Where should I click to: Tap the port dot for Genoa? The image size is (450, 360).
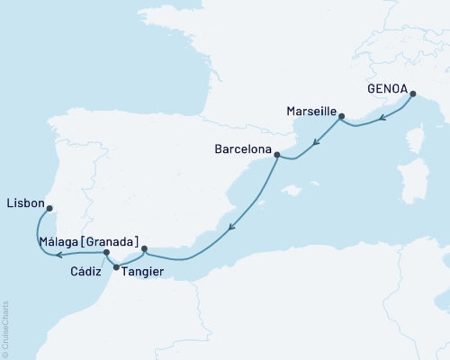point(413,94)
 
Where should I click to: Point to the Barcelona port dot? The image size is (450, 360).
point(277,156)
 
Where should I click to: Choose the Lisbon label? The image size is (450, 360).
point(24,203)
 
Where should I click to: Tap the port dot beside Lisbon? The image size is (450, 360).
point(50,208)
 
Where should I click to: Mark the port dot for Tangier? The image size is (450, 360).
point(117,266)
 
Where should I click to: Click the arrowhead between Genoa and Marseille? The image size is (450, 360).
point(382,117)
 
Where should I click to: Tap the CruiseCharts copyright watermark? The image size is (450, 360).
point(5,328)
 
